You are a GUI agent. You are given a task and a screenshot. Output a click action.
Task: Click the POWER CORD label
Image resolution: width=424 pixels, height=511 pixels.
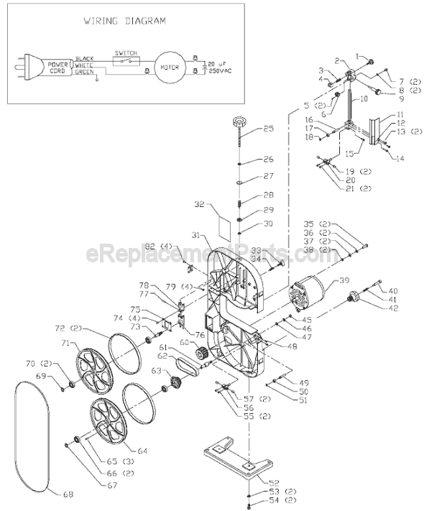pos(57,67)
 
